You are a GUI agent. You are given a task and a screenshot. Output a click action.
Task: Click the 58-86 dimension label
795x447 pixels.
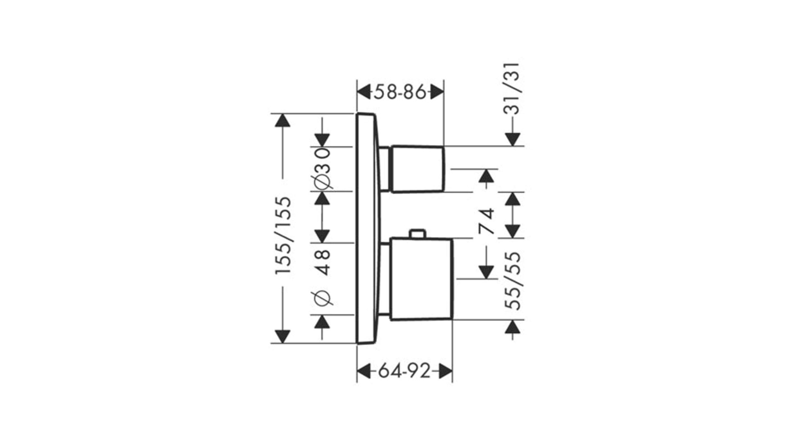tap(400, 92)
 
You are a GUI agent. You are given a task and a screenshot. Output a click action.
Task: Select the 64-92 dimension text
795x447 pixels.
tap(405, 371)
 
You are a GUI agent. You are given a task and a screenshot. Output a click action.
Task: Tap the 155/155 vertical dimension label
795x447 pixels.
tap(284, 235)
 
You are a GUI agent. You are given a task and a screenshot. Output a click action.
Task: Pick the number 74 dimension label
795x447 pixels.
tap(486, 221)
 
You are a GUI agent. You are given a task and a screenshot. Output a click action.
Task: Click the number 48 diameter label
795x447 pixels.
tap(323, 262)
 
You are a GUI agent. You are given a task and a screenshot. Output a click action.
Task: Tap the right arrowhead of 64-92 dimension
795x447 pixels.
tap(445, 371)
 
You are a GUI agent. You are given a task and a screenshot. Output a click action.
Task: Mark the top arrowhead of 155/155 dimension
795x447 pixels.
tap(283, 120)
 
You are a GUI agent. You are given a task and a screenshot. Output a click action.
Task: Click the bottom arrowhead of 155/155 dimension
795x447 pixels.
tap(283, 336)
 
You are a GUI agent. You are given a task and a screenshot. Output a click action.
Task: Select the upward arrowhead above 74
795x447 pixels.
tap(486, 176)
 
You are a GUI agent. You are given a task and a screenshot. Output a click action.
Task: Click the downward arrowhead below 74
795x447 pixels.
tap(486, 272)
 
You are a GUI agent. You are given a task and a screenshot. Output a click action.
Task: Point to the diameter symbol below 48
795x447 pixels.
tap(323, 298)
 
